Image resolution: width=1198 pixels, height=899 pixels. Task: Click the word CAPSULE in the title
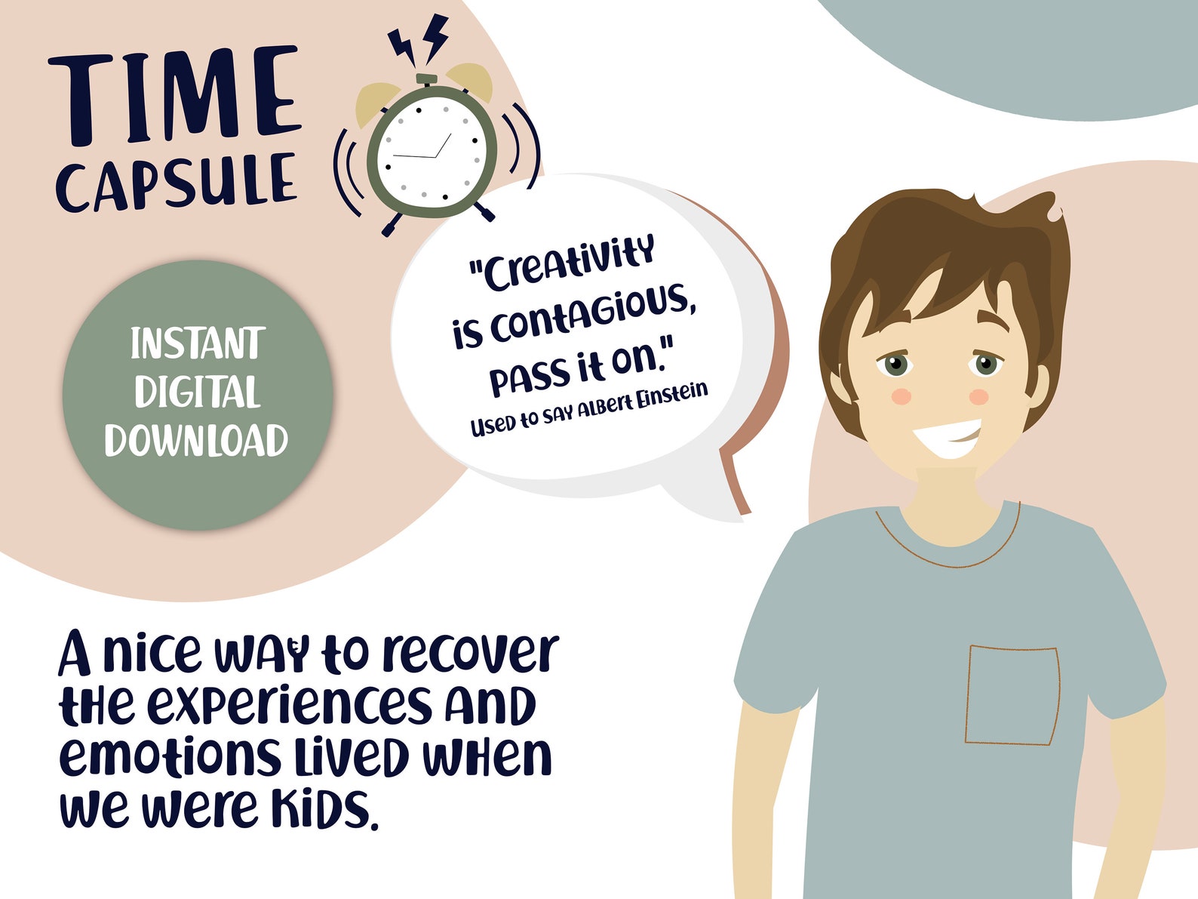pos(175,181)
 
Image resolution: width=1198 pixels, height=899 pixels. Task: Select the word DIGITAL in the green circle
pos(197,392)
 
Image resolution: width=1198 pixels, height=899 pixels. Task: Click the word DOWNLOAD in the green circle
pos(196,440)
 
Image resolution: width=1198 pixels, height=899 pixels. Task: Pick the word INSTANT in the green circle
pos(197,344)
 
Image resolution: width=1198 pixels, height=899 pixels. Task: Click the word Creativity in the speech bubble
pos(562,262)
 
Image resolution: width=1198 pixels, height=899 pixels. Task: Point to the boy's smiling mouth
pos(948,438)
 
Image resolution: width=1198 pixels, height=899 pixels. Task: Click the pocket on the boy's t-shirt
pos(1012,694)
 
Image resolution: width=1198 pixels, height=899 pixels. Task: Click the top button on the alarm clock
pos(426,79)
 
